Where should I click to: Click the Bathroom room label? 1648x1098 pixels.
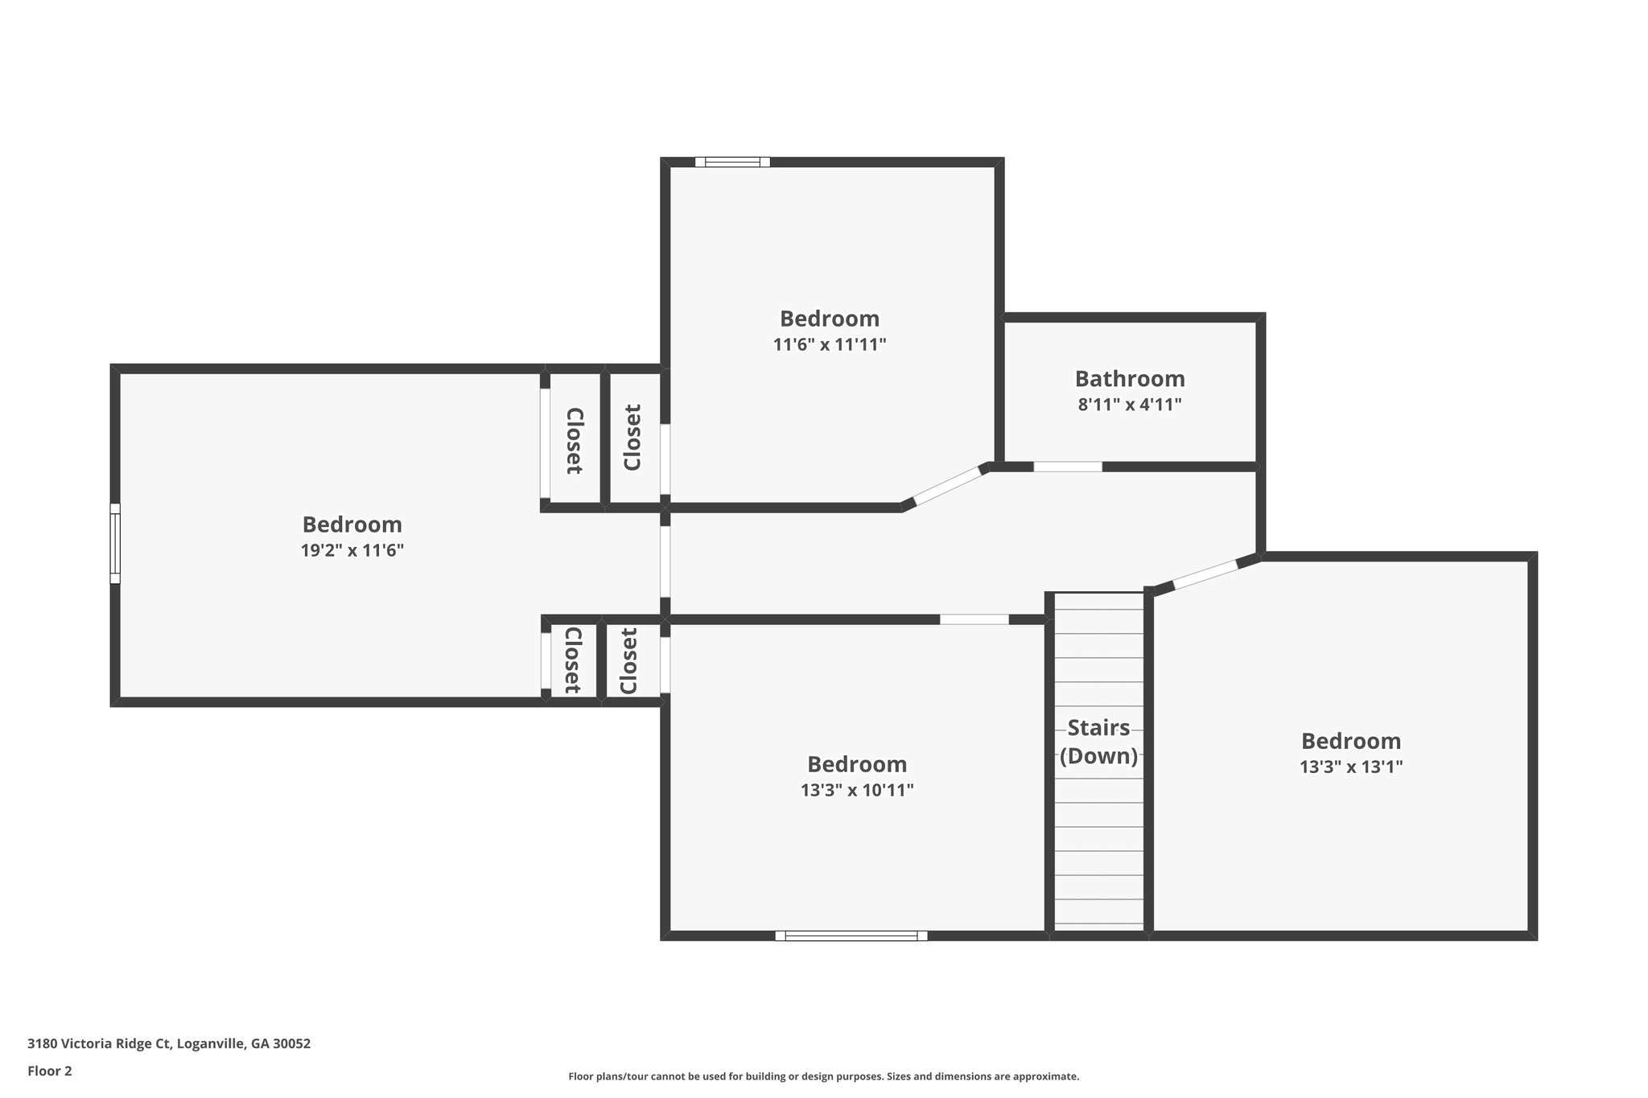pos(1129,378)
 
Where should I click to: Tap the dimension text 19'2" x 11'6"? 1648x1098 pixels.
pos(352,551)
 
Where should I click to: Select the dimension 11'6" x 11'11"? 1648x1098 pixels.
pos(829,345)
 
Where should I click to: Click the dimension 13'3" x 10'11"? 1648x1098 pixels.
pos(856,791)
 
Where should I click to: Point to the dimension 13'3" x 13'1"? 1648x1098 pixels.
pos(1350,767)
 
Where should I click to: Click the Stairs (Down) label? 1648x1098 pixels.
pos(1098,742)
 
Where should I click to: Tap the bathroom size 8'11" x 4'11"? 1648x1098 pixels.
pos(1129,405)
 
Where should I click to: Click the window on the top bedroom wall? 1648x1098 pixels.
pos(732,162)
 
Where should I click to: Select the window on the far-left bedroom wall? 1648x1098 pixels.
pos(115,543)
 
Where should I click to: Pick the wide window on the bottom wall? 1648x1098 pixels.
pos(851,936)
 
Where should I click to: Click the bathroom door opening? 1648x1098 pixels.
pos(1067,467)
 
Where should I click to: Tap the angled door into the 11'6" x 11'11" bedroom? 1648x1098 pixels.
pos(946,487)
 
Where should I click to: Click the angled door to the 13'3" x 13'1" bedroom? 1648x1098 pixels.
pos(1205,575)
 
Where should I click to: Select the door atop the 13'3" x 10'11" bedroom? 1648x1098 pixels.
pos(974,619)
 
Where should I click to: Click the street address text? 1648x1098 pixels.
pos(169,1044)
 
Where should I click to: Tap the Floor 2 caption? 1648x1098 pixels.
pos(50,1071)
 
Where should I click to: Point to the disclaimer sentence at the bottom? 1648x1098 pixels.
pos(823,1076)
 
